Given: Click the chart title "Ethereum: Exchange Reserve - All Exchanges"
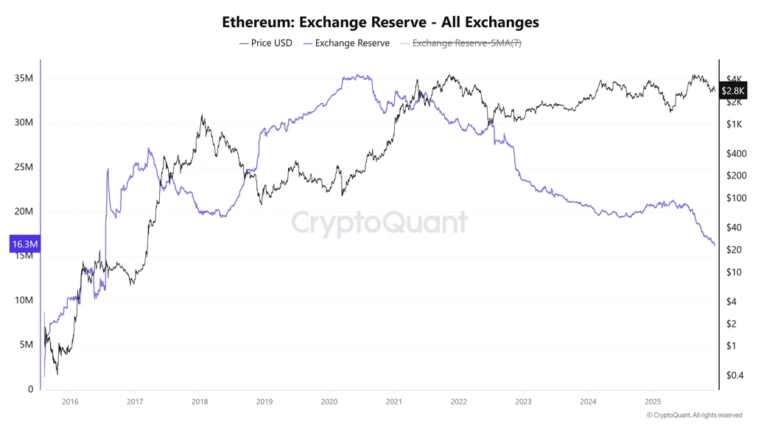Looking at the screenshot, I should click(x=380, y=22).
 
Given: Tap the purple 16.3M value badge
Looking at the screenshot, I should click(x=25, y=245).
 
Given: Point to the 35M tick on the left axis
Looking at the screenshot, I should click(x=24, y=79).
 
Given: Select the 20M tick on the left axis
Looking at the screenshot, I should click(x=24, y=211).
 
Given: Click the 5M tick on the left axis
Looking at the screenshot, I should click(x=27, y=345).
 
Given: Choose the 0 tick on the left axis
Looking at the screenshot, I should click(x=30, y=389).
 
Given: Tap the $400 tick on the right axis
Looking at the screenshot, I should click(x=736, y=153).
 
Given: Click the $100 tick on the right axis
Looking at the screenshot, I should click(x=736, y=198).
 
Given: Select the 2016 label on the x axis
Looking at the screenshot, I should click(x=70, y=402).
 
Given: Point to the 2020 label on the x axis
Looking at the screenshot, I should click(x=329, y=402).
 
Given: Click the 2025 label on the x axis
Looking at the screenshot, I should click(x=653, y=402).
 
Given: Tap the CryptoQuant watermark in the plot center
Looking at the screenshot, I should click(x=379, y=222).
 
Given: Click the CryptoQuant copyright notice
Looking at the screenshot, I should click(x=694, y=415).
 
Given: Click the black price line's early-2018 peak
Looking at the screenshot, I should click(x=202, y=116).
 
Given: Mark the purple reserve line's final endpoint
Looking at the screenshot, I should click(x=715, y=245).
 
